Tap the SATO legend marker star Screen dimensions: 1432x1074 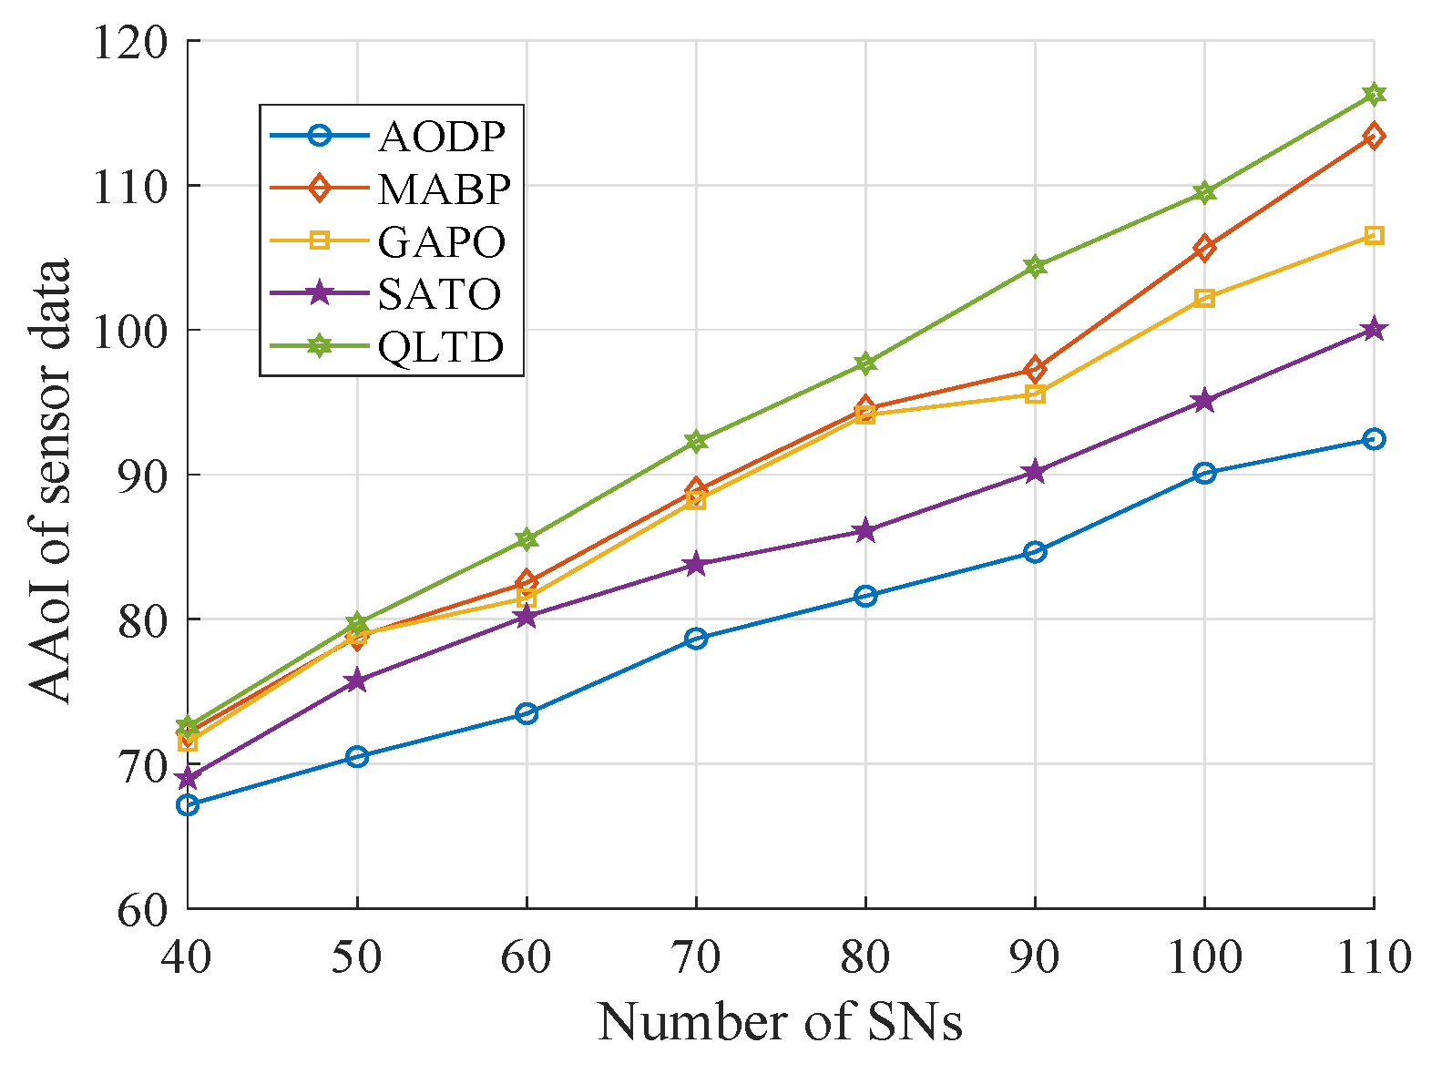pyautogui.click(x=319, y=293)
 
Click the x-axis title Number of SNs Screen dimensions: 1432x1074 pyautogui.click(x=780, y=1022)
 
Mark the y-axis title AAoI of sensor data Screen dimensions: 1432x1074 pyautogui.click(x=50, y=481)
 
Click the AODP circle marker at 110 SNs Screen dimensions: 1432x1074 pyautogui.click(x=1374, y=439)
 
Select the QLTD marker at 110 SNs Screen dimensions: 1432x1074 pyautogui.click(x=1374, y=94)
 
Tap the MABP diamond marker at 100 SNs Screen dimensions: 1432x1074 pyautogui.click(x=1204, y=247)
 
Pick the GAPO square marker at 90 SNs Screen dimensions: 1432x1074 pyautogui.click(x=1035, y=394)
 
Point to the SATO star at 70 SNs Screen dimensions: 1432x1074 pyautogui.click(x=696, y=564)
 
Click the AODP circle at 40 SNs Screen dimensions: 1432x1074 pyautogui.click(x=188, y=804)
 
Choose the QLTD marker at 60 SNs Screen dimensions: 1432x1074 pyautogui.click(x=527, y=539)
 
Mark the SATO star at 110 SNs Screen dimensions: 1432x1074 pyautogui.click(x=1374, y=329)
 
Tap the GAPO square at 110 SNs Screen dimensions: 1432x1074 pyautogui.click(x=1374, y=235)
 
